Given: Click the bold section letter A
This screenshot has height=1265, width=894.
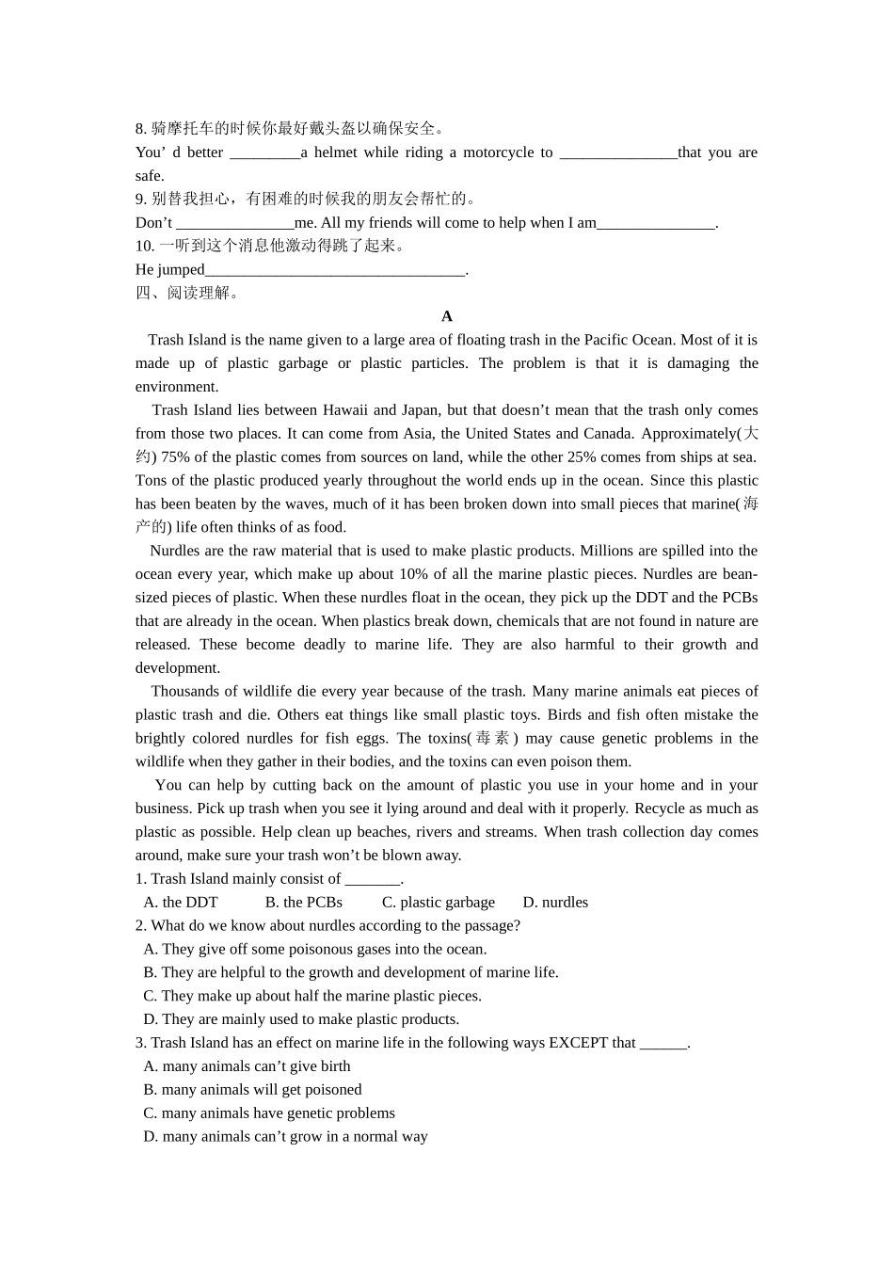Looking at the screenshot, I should point(447,316).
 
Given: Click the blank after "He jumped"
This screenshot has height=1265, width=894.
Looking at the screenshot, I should point(335,270).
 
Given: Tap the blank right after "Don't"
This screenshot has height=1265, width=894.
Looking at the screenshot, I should point(234,223).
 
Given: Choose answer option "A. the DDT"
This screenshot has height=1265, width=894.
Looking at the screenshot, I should point(181,903).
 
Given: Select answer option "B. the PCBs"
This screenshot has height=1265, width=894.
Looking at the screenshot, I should point(303,903).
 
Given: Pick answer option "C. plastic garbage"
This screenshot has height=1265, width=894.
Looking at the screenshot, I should point(438,903).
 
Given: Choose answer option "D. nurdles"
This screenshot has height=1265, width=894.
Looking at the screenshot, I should point(555,903).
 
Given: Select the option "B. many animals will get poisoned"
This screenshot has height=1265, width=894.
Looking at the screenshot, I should point(252,1090).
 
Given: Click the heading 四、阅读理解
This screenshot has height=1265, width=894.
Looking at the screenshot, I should point(188,293).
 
